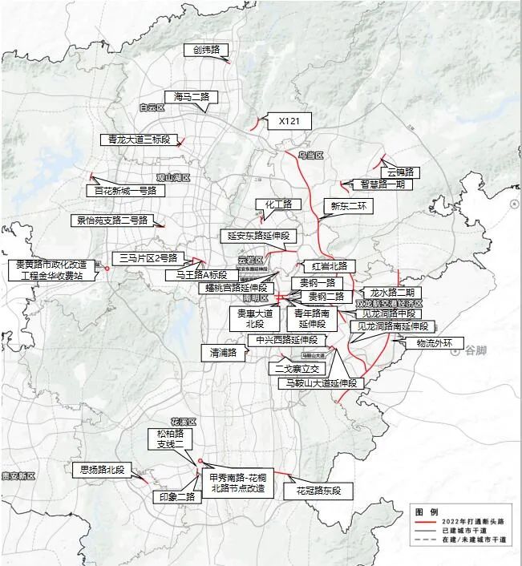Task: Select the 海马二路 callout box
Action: (x=192, y=96)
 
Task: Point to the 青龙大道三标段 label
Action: (x=140, y=139)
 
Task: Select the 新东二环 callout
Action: (x=343, y=205)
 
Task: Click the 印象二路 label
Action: (x=175, y=496)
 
